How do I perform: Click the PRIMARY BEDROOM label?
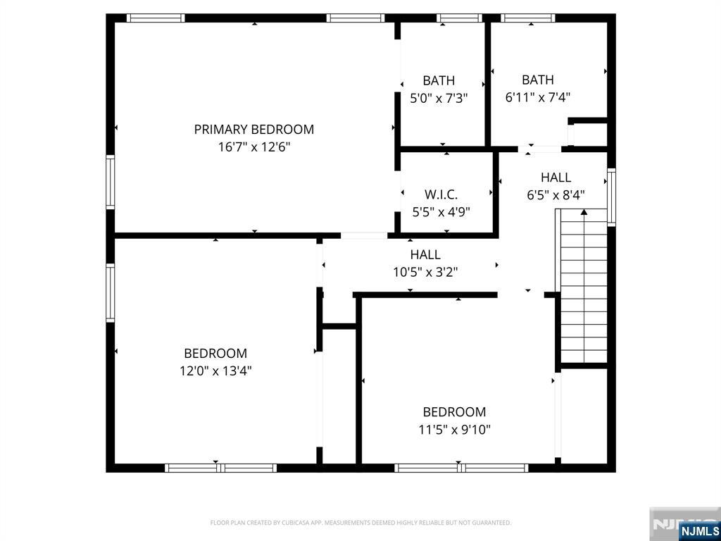click(253, 130)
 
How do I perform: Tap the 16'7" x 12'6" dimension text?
click(254, 147)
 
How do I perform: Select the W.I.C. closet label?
click(441, 194)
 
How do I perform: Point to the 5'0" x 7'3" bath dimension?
click(439, 98)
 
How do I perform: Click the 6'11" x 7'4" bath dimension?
click(537, 97)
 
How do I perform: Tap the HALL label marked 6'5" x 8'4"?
click(556, 177)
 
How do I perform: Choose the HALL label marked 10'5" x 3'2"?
click(425, 254)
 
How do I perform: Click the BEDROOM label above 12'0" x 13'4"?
click(215, 354)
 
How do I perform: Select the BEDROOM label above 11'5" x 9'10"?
click(454, 411)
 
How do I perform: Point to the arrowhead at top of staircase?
click(584, 212)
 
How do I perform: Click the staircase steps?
click(584, 286)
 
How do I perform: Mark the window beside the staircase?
click(612, 197)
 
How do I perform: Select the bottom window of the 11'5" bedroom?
click(461, 468)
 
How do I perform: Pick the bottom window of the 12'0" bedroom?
click(220, 468)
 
